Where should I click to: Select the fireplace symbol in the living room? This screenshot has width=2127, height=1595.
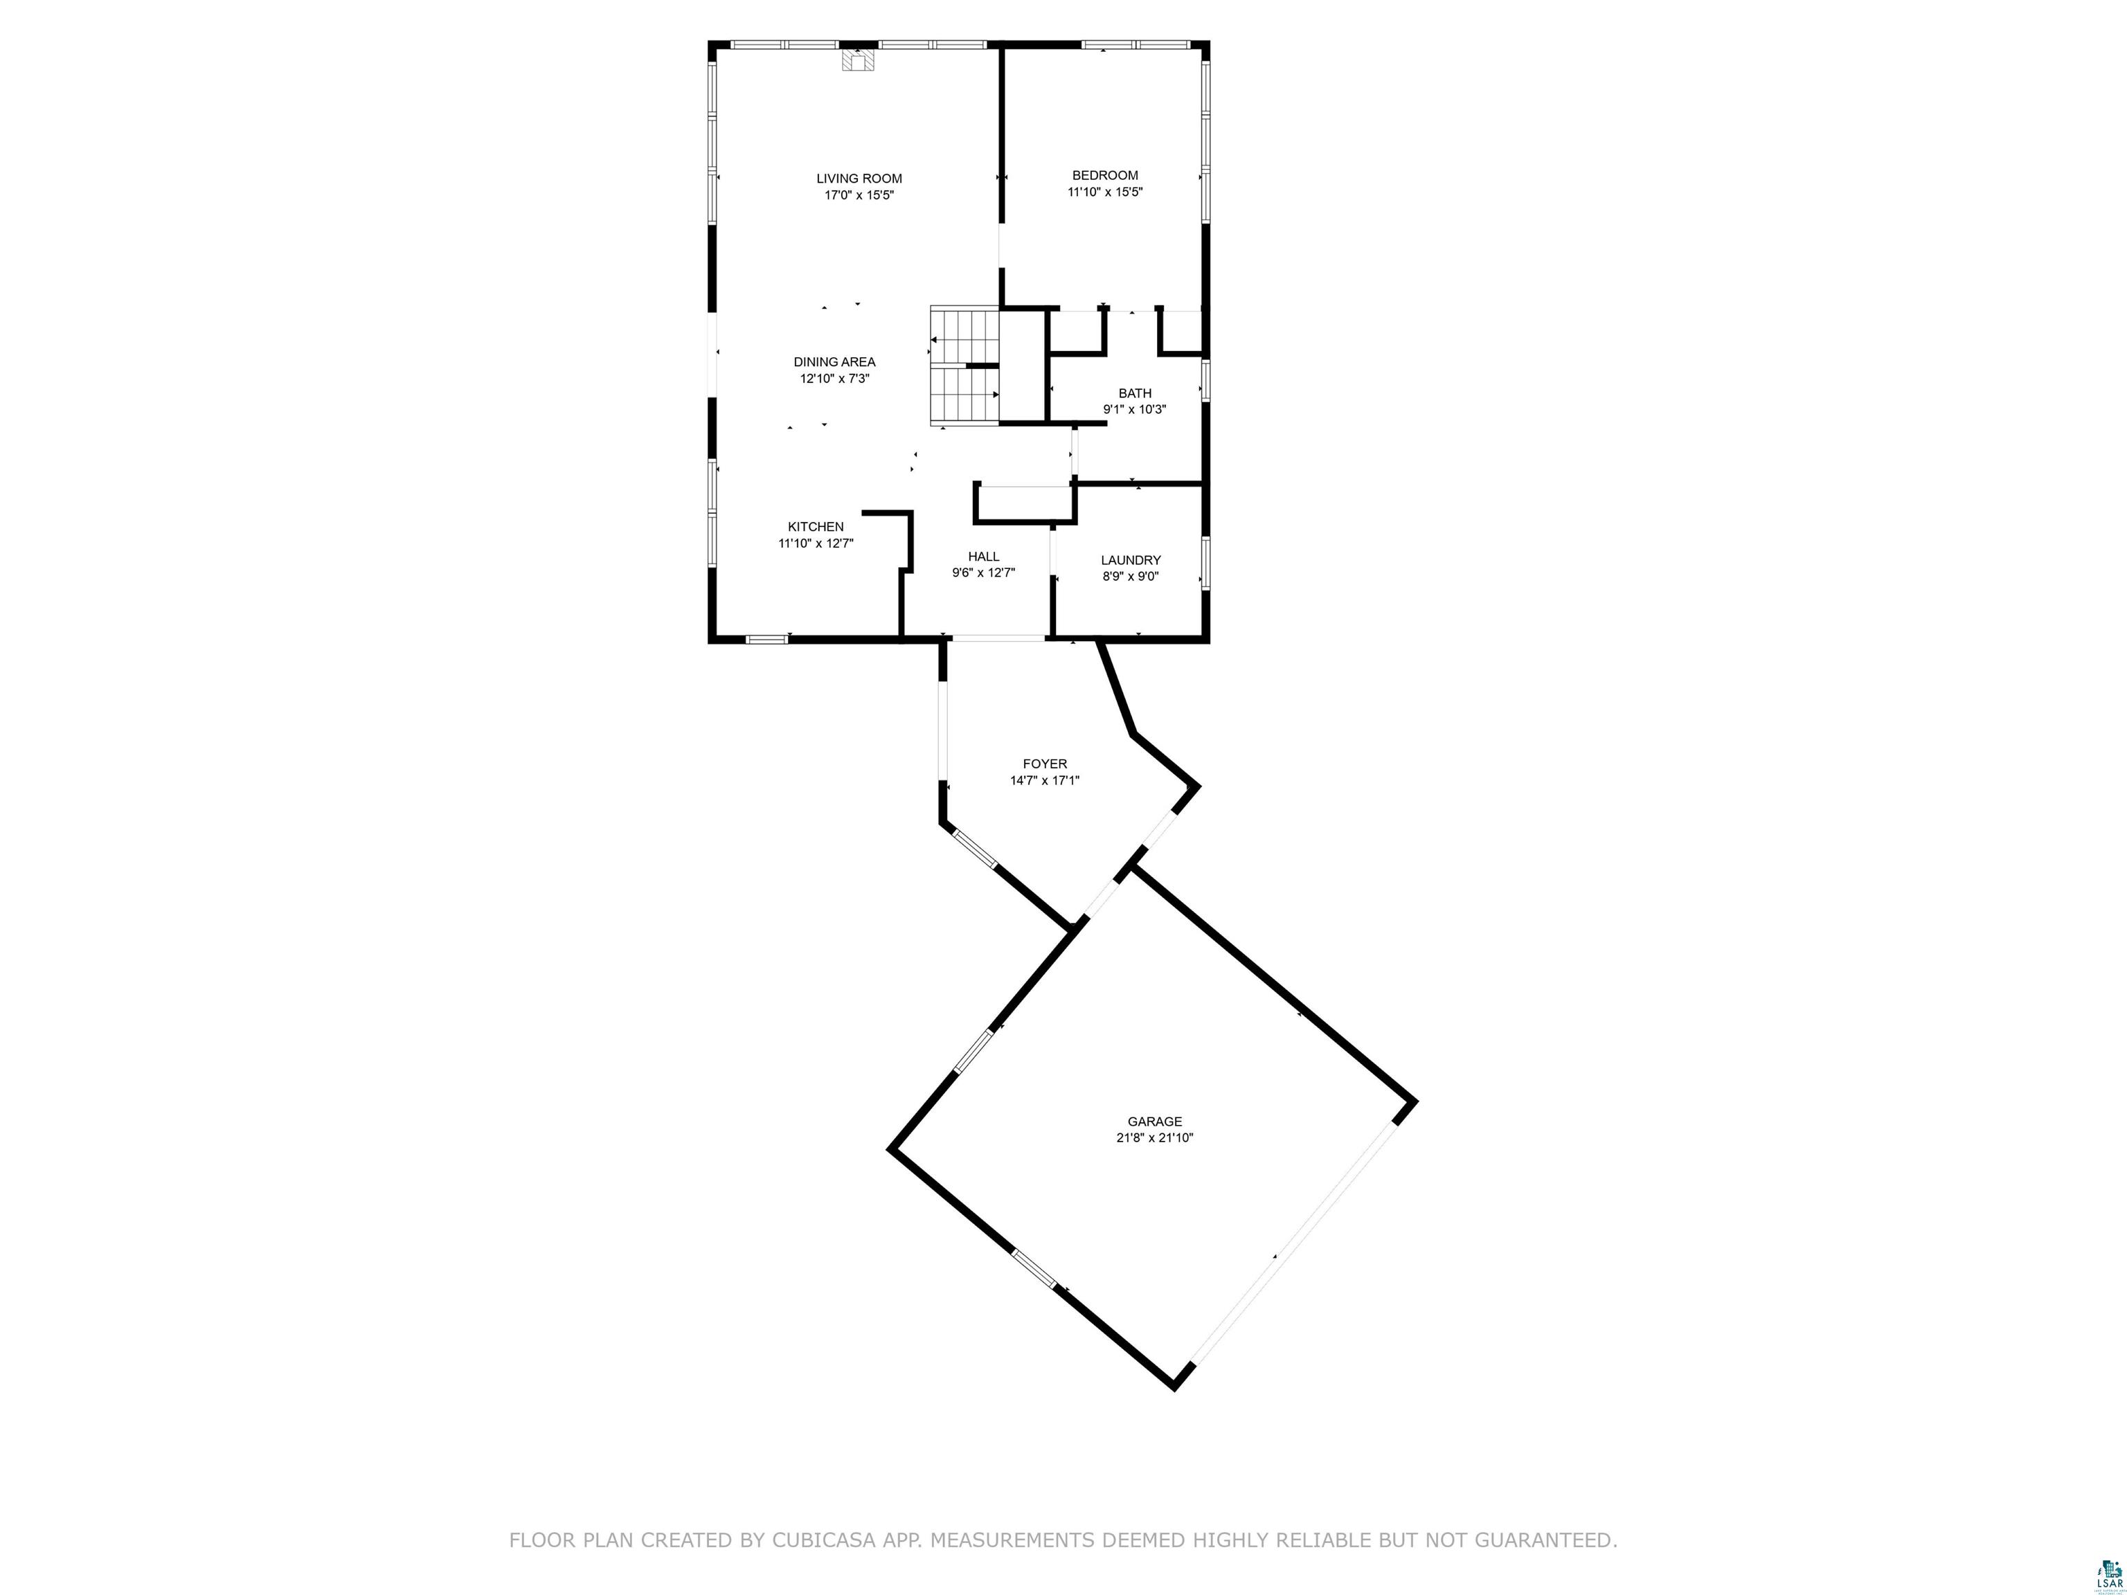click(x=859, y=60)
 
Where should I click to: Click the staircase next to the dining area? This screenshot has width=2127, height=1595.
click(x=964, y=366)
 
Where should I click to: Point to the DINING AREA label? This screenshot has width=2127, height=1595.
click(x=834, y=361)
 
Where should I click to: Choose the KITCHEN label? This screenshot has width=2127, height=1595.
click(x=816, y=526)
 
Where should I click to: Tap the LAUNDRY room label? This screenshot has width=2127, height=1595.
click(x=1130, y=559)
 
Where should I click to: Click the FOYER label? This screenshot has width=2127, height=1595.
click(x=1044, y=764)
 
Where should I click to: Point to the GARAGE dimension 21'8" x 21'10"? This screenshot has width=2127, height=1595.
click(x=1154, y=1137)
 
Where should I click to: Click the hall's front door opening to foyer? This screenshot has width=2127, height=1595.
click(x=997, y=638)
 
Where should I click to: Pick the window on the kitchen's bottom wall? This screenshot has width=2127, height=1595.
click(x=766, y=638)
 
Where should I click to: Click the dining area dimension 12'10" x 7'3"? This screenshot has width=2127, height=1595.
click(x=834, y=379)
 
